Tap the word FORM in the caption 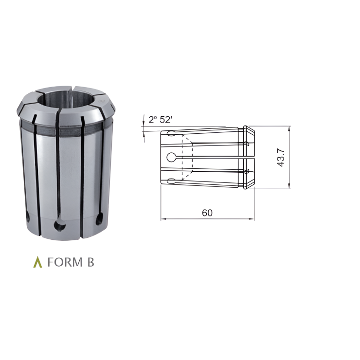pos(65,263)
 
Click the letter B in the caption pos(90,263)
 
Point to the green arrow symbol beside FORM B pos(37,263)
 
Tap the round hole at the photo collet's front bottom pos(61,225)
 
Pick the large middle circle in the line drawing pos(172,157)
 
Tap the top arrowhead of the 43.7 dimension pos(290,129)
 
